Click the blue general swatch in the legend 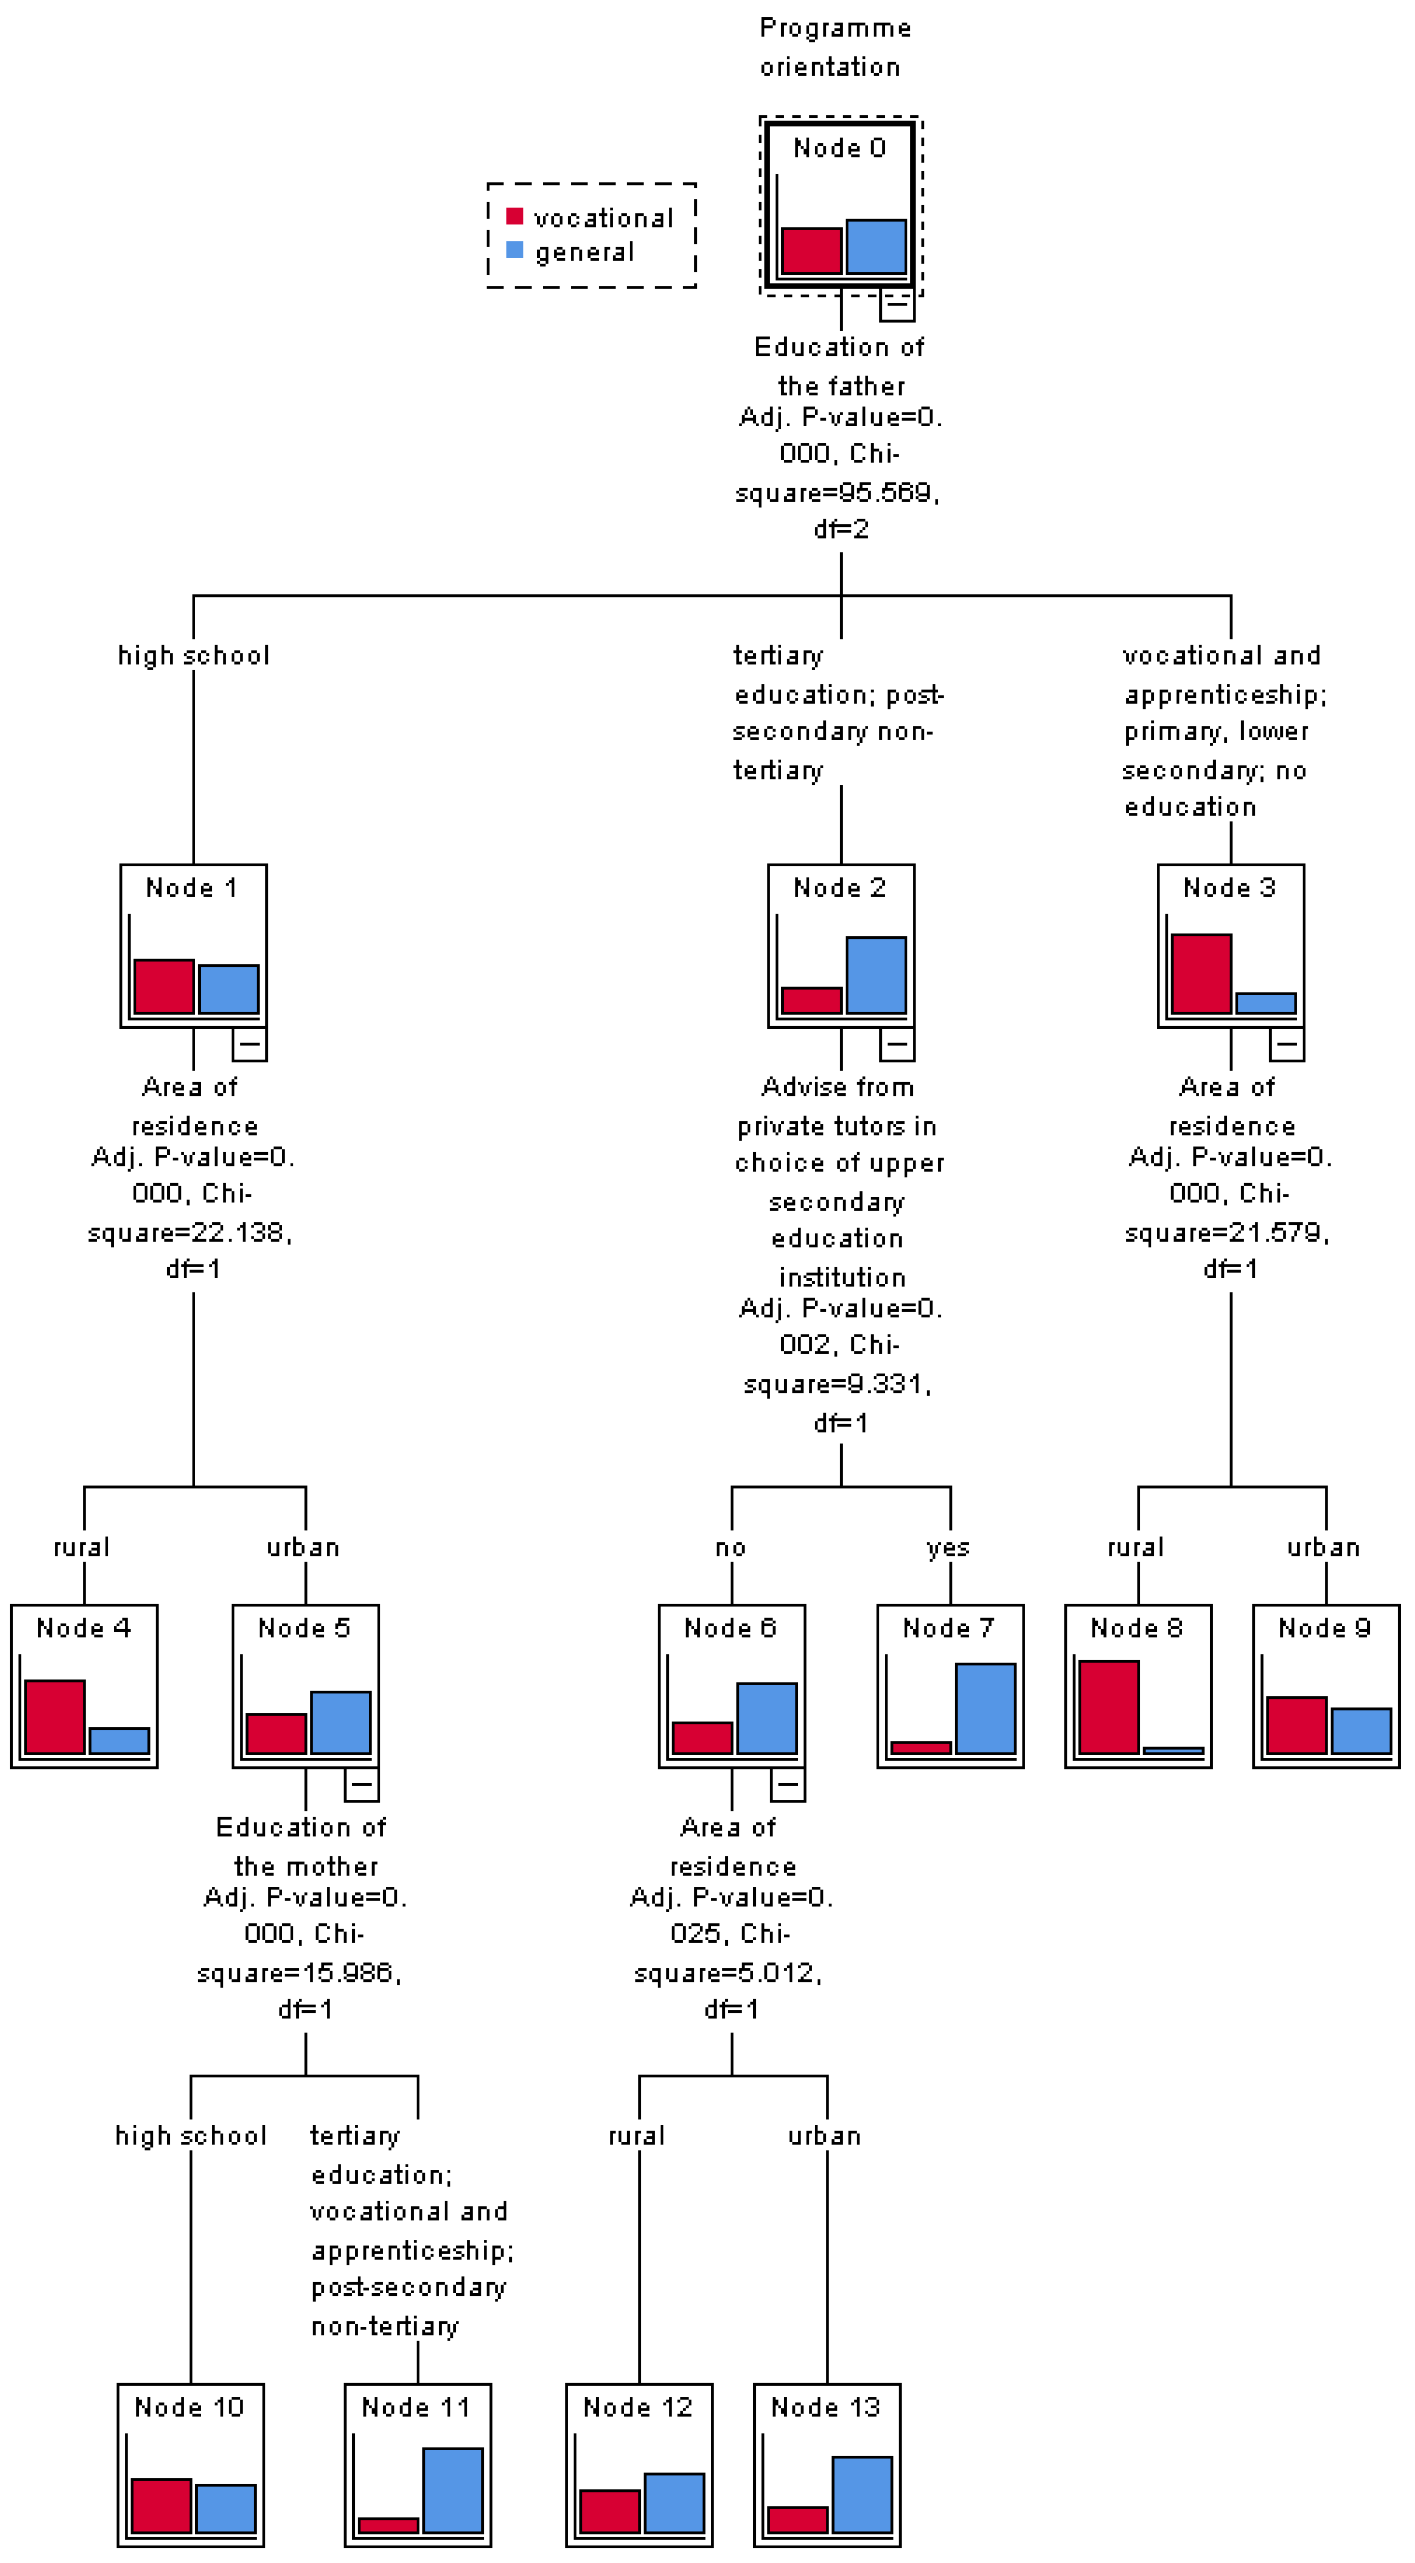tap(514, 250)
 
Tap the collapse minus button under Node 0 tap(897, 304)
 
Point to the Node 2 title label tap(839, 888)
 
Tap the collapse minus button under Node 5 tap(361, 1784)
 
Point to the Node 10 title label tap(189, 2407)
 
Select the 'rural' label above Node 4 tap(82, 1547)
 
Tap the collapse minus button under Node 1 tap(249, 1043)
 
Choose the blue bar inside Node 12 tap(673, 2503)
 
